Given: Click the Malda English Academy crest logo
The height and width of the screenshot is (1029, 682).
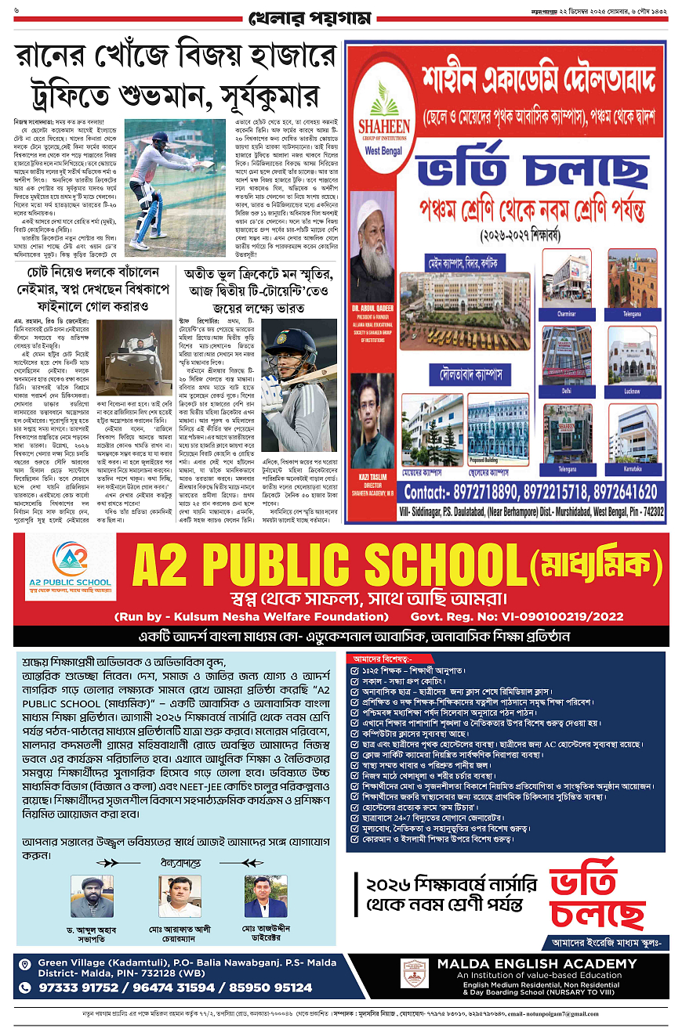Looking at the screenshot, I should click(x=414, y=973).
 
